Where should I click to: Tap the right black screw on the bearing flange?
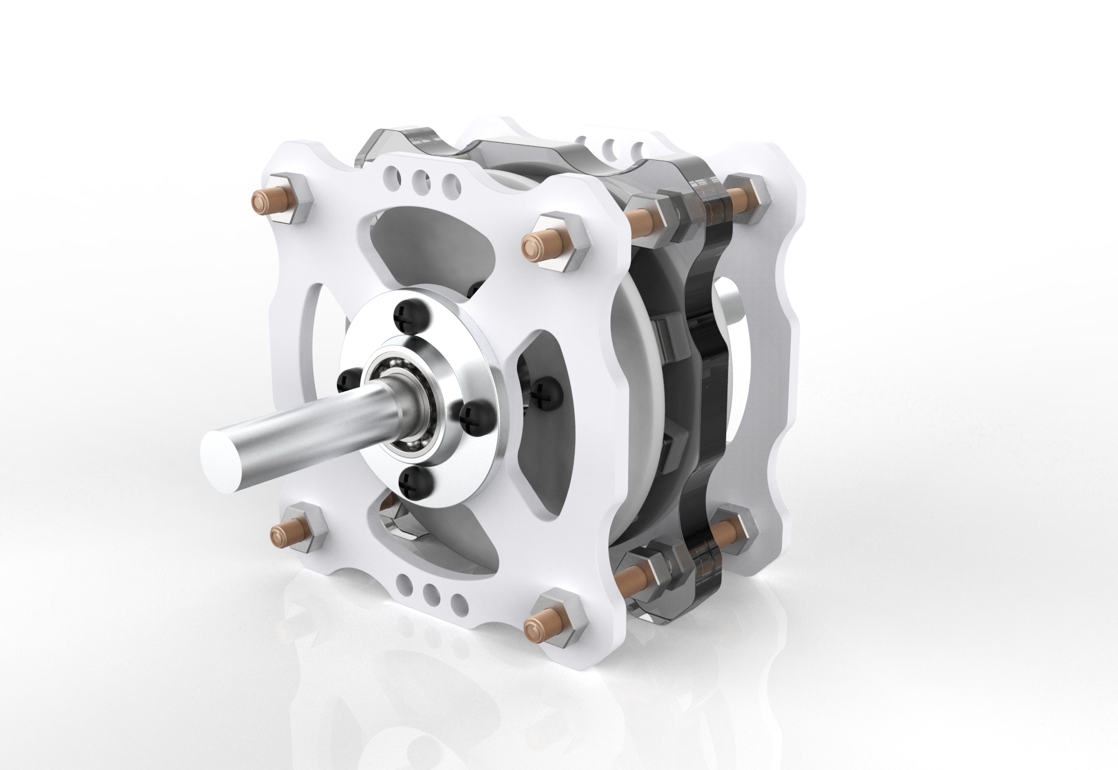click(473, 415)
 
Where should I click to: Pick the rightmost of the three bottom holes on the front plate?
click(460, 601)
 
